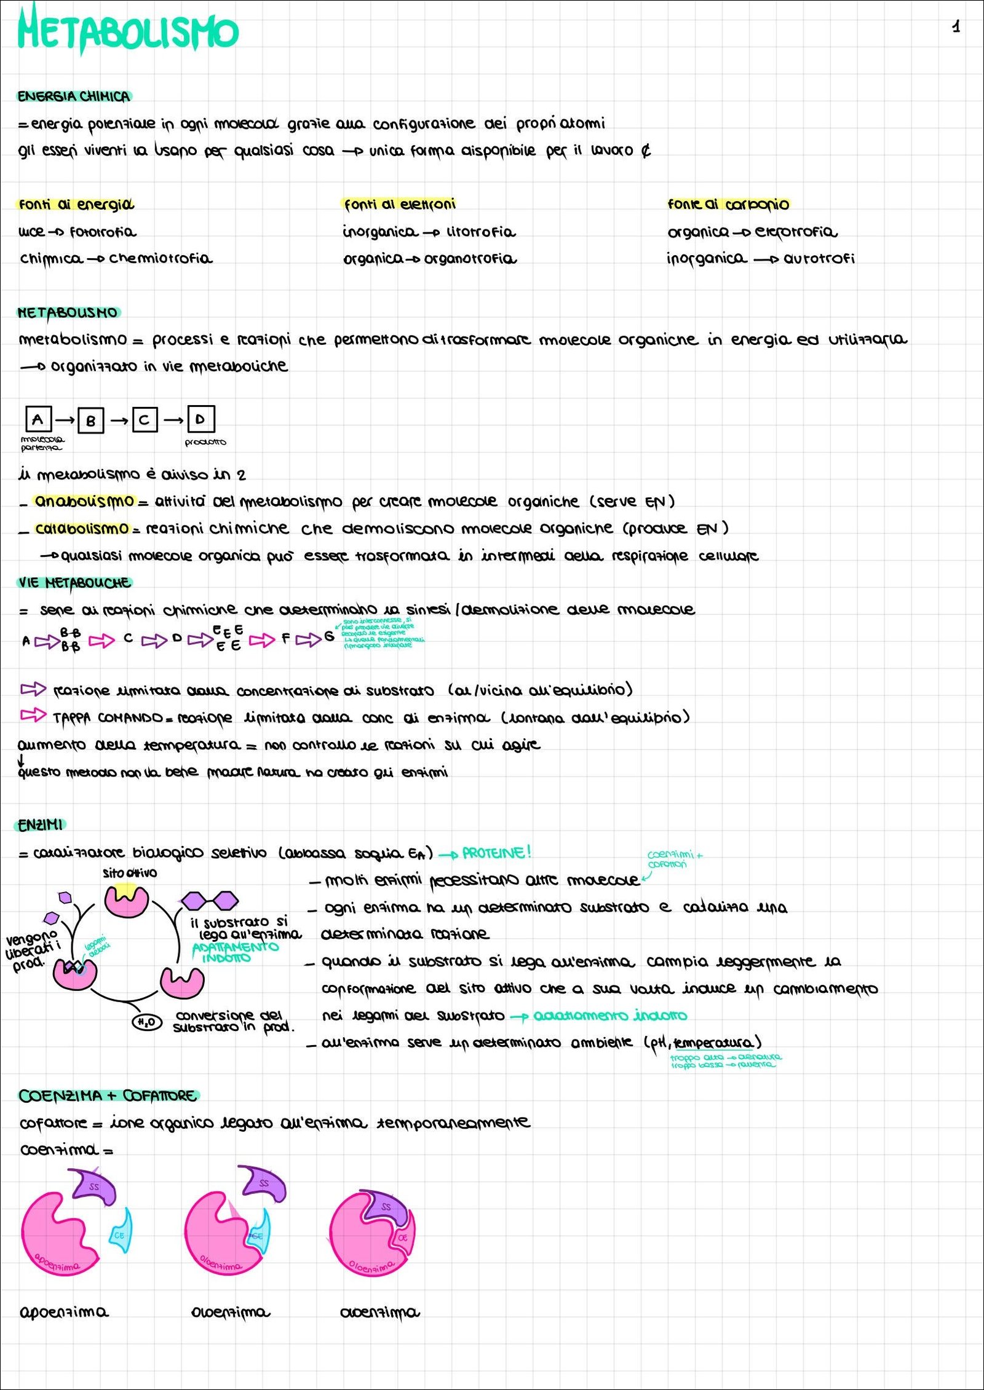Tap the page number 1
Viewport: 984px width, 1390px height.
click(956, 26)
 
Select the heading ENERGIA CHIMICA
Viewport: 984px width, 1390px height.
click(74, 97)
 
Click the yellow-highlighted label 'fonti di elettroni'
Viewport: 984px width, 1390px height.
click(400, 204)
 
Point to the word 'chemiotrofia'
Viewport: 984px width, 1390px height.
click(161, 258)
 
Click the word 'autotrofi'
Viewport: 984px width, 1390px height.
click(819, 258)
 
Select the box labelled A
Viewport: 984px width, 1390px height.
click(38, 419)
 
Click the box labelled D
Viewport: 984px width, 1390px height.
click(200, 419)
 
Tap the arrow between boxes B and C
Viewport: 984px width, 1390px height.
click(119, 421)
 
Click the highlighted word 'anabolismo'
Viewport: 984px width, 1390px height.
click(84, 501)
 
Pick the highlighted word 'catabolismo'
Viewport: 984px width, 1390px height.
click(82, 528)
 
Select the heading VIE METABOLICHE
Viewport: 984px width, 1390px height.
click(74, 582)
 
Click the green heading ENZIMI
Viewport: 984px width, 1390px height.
click(41, 825)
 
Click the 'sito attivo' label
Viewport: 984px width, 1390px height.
click(130, 873)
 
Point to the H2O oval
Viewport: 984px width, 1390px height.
click(147, 1022)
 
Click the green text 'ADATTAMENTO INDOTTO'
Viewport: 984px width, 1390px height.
click(235, 952)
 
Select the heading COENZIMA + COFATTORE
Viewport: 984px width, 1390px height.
click(108, 1096)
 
